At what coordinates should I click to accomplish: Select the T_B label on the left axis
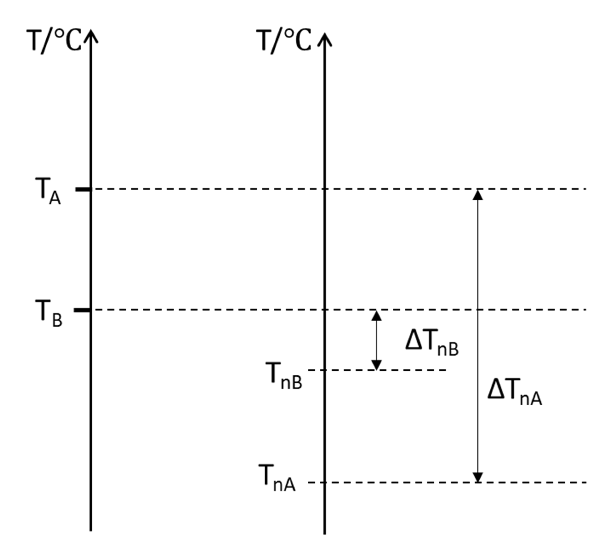point(49,313)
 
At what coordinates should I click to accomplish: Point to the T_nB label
point(285,376)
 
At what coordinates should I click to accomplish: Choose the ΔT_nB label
point(432,343)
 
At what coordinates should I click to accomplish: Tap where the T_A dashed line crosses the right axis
point(324,189)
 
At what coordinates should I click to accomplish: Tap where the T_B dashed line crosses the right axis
point(324,310)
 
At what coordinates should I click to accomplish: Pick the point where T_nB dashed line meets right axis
point(324,370)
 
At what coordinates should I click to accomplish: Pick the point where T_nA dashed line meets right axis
point(324,482)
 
